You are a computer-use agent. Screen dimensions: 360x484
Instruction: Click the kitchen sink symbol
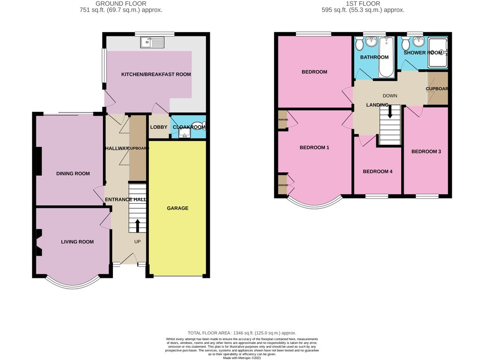pos(152,43)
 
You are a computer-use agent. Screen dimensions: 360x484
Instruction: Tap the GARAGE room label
pos(177,208)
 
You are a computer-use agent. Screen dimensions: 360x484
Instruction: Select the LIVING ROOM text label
pos(77,242)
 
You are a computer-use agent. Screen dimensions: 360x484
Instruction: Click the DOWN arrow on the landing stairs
pos(390,112)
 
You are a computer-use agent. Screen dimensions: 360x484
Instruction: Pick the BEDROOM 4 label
pos(378,171)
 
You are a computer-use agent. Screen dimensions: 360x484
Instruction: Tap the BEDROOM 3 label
pos(426,152)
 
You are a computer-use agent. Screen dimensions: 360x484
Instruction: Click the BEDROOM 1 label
pos(314,147)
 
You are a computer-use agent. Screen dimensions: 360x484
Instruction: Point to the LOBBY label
pos(158,127)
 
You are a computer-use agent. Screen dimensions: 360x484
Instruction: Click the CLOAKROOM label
pos(189,127)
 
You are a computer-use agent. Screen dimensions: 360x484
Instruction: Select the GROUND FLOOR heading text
pos(121,3)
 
